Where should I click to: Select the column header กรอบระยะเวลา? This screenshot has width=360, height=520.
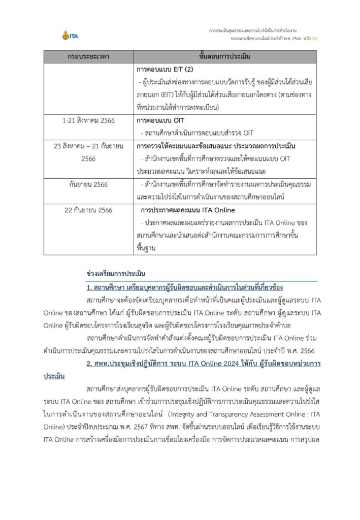click(x=88, y=56)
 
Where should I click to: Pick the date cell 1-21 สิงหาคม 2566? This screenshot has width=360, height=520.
click(x=88, y=120)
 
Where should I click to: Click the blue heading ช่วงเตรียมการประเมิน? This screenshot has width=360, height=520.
click(x=116, y=274)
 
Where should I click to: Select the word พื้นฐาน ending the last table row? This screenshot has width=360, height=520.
click(x=148, y=248)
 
